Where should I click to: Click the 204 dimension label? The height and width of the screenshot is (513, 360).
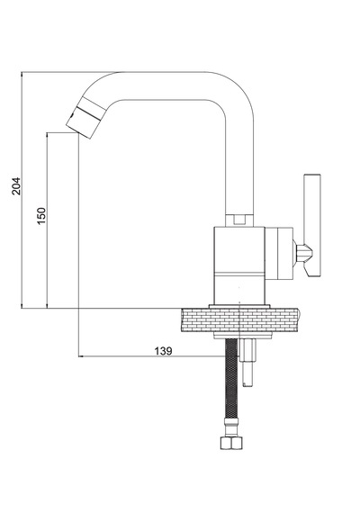pos(15,186)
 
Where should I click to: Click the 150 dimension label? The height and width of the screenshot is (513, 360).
pos(41,216)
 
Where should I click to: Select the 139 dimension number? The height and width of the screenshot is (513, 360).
pos(163,351)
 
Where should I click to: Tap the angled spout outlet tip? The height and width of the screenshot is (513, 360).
pos(83,122)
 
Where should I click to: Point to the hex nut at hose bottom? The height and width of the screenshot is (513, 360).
pos(231,444)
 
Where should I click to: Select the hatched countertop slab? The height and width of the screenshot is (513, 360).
pos(240,320)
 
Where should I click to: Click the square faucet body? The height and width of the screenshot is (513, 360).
pos(239,265)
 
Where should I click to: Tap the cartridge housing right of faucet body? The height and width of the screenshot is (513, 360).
pos(278,254)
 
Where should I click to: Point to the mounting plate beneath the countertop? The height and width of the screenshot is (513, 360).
pos(243,336)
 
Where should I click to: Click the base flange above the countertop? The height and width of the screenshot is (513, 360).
pos(239,306)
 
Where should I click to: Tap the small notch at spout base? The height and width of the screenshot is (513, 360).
pos(239,220)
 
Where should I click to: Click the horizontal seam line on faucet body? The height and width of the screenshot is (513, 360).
pos(239,273)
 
